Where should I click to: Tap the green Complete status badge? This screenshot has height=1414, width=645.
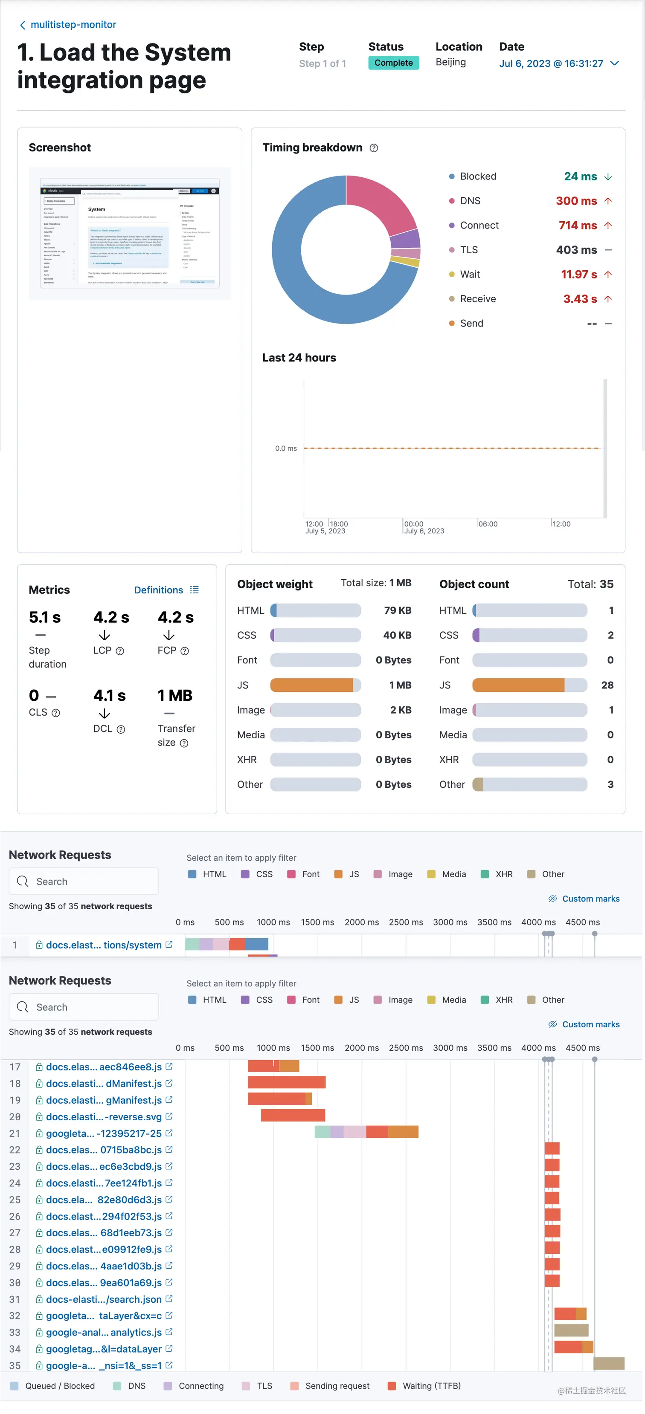click(393, 63)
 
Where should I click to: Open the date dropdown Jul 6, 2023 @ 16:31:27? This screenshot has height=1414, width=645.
click(559, 64)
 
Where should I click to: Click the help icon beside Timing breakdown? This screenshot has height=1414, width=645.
click(374, 148)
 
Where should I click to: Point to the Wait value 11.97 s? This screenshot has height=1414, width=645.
click(578, 275)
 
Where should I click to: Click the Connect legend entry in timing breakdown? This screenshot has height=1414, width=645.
click(479, 226)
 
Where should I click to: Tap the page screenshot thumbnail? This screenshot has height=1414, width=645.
click(130, 233)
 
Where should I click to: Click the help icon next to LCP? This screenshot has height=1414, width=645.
click(120, 651)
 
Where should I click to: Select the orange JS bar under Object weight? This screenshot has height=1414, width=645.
click(311, 685)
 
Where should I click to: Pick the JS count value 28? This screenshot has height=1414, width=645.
click(607, 685)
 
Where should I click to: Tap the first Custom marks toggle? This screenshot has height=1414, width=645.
click(584, 899)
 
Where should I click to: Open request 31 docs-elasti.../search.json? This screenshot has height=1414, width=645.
click(103, 1299)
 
